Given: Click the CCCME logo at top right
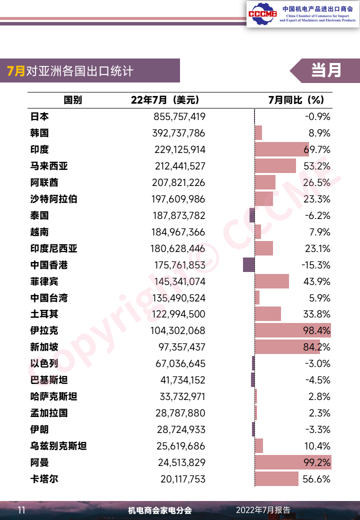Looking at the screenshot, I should pyautogui.click(x=260, y=13).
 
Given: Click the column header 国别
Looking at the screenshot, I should pyautogui.click(x=73, y=100).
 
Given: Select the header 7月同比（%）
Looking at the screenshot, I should pyautogui.click(x=296, y=100).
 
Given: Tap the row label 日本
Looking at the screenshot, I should pyautogui.click(x=39, y=116).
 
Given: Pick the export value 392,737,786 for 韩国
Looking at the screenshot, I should pyautogui.click(x=178, y=133).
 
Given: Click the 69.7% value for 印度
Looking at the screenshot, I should pyautogui.click(x=316, y=149).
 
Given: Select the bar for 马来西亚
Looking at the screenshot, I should pyautogui.click(x=275, y=166).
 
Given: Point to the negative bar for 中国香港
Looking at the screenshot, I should pyautogui.click(x=249, y=265).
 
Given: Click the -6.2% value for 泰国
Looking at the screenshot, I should pyautogui.click(x=317, y=215).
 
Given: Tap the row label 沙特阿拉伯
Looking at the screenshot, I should pyautogui.click(x=53, y=199).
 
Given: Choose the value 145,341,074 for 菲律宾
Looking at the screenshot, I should pyautogui.click(x=179, y=281).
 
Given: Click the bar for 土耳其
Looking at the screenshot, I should pyautogui.click(x=268, y=314).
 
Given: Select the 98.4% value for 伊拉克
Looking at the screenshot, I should pyautogui.click(x=316, y=330).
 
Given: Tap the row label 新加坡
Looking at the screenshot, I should pyautogui.click(x=44, y=347).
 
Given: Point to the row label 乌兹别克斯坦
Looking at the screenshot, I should pyautogui.click(x=58, y=446).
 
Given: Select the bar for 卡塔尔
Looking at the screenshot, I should pyautogui.click(x=276, y=479).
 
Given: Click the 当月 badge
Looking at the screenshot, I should pyautogui.click(x=326, y=70).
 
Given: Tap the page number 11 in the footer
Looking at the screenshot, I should pyautogui.click(x=21, y=510).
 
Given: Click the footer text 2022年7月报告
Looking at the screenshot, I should pyautogui.click(x=263, y=510).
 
